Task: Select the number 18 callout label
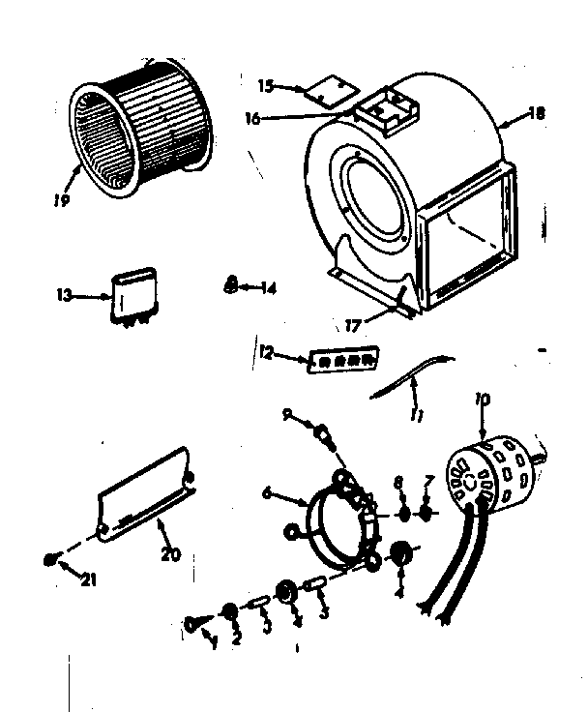(537, 113)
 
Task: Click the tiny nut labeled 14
(230, 284)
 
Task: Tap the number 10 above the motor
(483, 399)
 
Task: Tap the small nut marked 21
(55, 558)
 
